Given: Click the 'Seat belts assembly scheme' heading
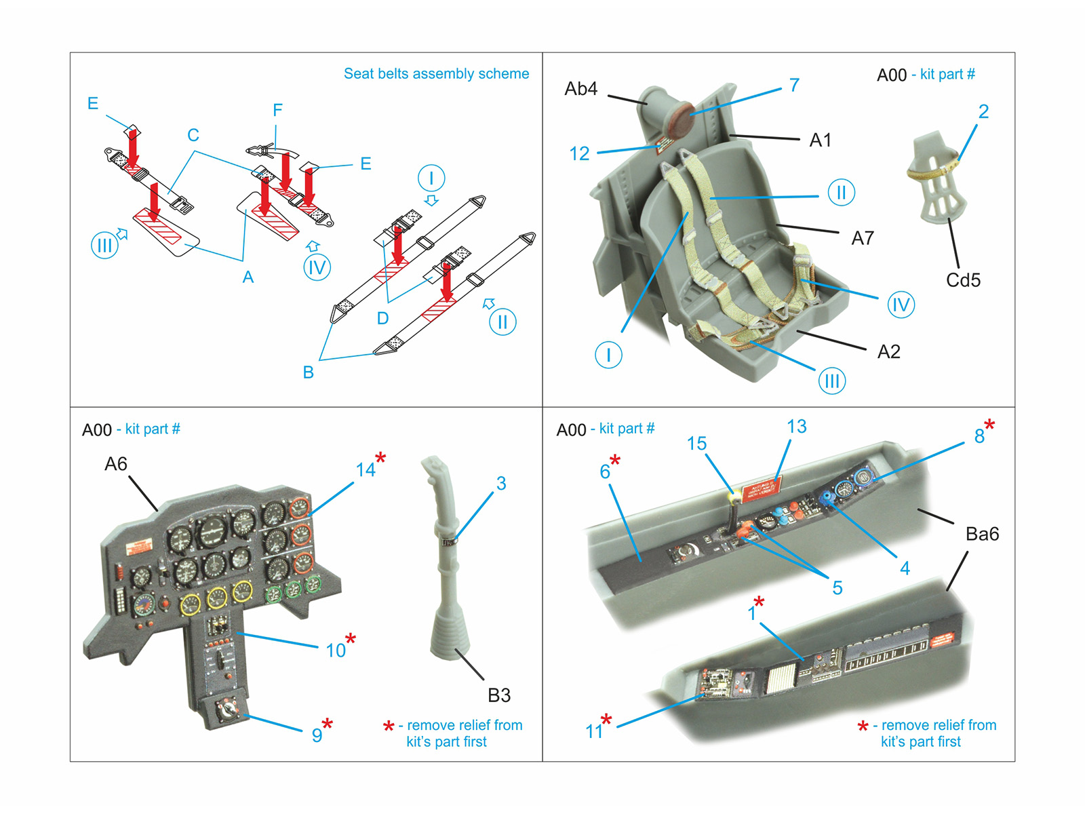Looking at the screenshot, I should coord(436,73).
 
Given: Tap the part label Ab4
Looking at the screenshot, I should coord(581,89).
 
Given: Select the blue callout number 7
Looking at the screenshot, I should coord(794,85).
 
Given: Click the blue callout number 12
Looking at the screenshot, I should coord(579,154).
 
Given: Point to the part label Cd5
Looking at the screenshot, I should coord(963,280).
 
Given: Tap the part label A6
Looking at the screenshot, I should coord(115,464).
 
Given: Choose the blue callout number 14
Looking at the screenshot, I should coord(366,469).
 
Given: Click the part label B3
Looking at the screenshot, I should coord(499,695).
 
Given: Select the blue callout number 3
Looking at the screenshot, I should coord(501,484).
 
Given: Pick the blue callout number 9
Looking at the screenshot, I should coord(317,735).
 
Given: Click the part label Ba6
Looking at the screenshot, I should coord(982,534).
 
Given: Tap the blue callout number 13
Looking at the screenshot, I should coord(797,427).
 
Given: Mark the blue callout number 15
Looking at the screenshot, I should coord(696,444).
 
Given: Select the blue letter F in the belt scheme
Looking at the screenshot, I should coord(277,110).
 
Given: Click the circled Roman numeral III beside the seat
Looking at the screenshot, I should coord(832,381).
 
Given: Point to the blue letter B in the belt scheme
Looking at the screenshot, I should coord(309,372).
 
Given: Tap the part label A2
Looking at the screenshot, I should coord(888,351).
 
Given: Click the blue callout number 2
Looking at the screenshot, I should coord(983,112).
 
